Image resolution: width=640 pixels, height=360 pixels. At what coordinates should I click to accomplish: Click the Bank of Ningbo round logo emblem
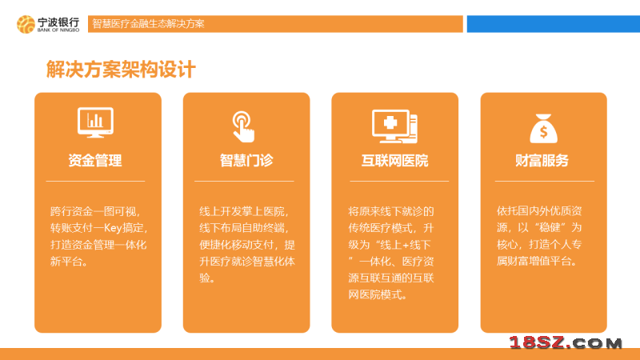(x=26, y=24)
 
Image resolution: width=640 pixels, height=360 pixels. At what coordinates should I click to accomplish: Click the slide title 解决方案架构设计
(x=121, y=70)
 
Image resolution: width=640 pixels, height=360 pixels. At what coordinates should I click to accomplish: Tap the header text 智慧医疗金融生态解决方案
(x=148, y=24)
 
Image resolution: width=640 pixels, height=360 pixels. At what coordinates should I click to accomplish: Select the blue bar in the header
(x=554, y=24)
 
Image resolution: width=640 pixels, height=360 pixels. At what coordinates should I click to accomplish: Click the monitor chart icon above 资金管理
(x=95, y=122)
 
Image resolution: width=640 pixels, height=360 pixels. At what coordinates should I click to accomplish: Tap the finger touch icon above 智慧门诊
(x=243, y=127)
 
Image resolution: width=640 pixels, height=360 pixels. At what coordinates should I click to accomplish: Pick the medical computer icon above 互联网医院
(x=394, y=126)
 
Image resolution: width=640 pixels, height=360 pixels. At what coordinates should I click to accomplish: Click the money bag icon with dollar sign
(x=544, y=128)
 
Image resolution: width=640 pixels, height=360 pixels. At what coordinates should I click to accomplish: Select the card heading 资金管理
(x=95, y=161)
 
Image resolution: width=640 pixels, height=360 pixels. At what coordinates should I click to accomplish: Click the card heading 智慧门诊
(x=246, y=161)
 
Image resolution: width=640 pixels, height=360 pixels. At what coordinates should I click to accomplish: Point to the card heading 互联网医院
(x=394, y=161)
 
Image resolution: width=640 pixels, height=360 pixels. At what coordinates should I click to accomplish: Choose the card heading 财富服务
(x=542, y=161)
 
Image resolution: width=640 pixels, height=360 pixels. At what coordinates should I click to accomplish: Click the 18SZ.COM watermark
(x=566, y=343)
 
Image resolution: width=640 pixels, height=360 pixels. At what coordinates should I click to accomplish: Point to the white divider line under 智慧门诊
(x=244, y=181)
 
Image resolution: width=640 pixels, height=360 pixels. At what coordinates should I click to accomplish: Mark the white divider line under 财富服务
(x=545, y=181)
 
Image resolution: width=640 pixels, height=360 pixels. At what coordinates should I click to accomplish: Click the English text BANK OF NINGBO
(x=58, y=30)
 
